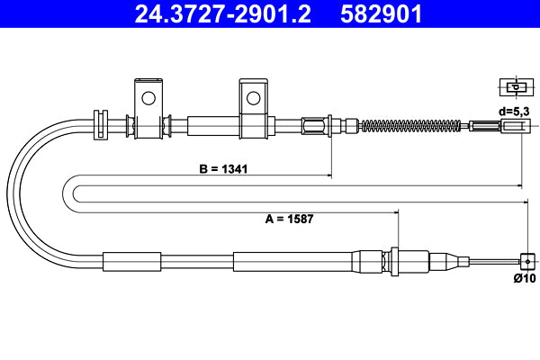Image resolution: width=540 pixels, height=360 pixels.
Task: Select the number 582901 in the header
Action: pyautogui.click(x=381, y=13)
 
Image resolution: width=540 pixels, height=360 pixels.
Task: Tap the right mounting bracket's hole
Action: pyautogui.click(x=254, y=95)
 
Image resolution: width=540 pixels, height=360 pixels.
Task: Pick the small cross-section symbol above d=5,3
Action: pyautogui.click(x=515, y=87)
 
